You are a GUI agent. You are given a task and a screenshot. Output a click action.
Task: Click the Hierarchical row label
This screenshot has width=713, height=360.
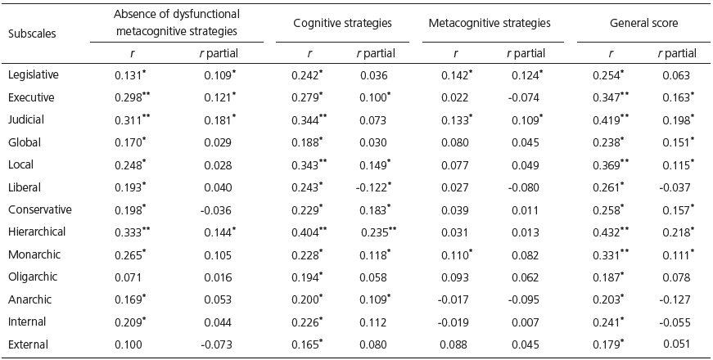tap(36, 232)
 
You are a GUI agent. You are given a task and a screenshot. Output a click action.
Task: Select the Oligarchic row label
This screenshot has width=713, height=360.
tap(32, 277)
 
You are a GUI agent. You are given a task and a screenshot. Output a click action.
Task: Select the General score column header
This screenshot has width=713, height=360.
tap(643, 24)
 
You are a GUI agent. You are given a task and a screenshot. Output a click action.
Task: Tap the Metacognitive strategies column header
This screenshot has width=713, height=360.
tap(489, 24)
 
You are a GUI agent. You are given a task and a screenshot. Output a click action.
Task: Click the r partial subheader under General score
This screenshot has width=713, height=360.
tap(677, 54)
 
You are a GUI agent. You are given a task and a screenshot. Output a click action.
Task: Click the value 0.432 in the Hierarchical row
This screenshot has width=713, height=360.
tap(608, 232)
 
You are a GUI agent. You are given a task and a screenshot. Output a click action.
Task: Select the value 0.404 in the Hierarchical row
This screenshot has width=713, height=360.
tap(307, 232)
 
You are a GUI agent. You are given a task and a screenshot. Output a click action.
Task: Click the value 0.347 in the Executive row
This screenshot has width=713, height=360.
tap(608, 97)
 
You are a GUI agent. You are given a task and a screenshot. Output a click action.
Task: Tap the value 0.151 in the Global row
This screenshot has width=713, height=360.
tap(675, 142)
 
